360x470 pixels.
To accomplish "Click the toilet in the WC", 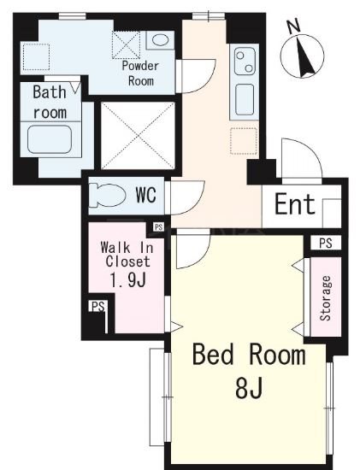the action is pyautogui.click(x=108, y=195).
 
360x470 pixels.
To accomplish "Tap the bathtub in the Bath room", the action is pyautogui.click(x=50, y=139).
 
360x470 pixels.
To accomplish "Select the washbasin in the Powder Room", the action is pyautogui.click(x=160, y=40).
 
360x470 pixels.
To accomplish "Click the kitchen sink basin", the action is pyautogui.click(x=245, y=99).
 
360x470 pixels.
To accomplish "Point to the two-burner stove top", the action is pyautogui.click(x=245, y=62).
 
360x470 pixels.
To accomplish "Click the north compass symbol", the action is pyautogui.click(x=303, y=56).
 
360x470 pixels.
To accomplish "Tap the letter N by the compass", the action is pyautogui.click(x=294, y=26).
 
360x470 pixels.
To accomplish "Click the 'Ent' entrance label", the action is pyautogui.click(x=295, y=204).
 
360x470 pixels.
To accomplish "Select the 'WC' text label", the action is pyautogui.click(x=146, y=195).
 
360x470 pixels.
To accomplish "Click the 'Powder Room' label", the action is pyautogui.click(x=140, y=73).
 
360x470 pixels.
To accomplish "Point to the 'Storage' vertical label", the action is pyautogui.click(x=325, y=298).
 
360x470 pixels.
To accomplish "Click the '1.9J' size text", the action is pyautogui.click(x=128, y=280).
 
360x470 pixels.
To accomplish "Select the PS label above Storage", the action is pyautogui.click(x=326, y=243).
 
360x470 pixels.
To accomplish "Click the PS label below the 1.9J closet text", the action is pyautogui.click(x=98, y=307).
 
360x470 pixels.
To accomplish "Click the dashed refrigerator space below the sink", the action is pyautogui.click(x=244, y=141).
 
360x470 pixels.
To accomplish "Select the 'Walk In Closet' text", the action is pyautogui.click(x=127, y=255).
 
